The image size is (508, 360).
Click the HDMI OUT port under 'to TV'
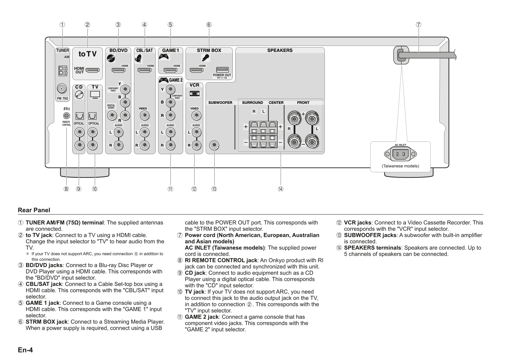[x=92, y=70]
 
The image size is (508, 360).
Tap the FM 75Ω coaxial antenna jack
[x=62, y=89]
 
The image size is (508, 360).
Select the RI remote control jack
[x=67, y=116]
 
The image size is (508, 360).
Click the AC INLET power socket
[x=401, y=154]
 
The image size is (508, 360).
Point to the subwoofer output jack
[x=214, y=145]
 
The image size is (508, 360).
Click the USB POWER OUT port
[x=222, y=70]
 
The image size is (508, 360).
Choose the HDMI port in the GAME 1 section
[x=170, y=70]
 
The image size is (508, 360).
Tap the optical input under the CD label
[x=79, y=116]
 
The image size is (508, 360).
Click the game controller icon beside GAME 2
[x=163, y=80]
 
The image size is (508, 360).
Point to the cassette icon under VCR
[x=195, y=94]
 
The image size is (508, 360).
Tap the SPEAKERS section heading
[x=280, y=50]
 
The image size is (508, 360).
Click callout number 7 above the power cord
[x=418, y=24]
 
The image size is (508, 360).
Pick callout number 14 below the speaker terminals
[x=281, y=189]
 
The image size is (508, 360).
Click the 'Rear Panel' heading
[x=34, y=210]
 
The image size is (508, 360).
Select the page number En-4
[x=25, y=350]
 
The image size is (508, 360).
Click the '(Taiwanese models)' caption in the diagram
[x=400, y=166]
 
